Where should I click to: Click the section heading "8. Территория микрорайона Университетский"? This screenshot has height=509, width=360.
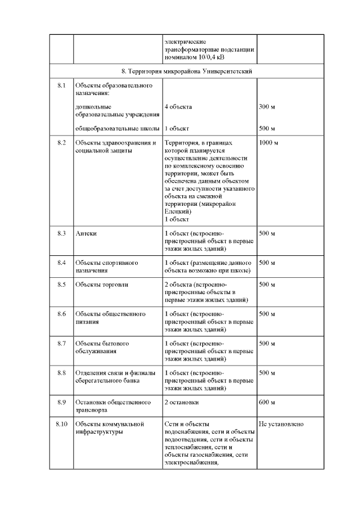tap(186, 71)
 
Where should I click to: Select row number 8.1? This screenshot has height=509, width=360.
tap(62, 85)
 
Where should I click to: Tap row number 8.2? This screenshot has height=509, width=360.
tap(62, 143)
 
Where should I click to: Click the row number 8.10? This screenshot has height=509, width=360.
tap(62, 424)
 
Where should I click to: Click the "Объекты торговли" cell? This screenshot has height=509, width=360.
tap(102, 285)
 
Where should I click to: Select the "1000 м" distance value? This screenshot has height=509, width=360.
tap(268, 143)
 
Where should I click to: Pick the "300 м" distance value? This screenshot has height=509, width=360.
tap(267, 107)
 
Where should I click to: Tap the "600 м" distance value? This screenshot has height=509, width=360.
tap(267, 402)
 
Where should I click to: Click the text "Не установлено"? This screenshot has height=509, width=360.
tap(281, 424)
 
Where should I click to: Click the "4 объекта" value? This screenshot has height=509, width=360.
tap(178, 107)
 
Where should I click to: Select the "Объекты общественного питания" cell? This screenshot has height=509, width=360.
tap(110, 318)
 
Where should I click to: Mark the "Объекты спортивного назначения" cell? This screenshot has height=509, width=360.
tap(106, 267)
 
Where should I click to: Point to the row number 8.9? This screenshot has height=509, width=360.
tap(62, 402)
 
